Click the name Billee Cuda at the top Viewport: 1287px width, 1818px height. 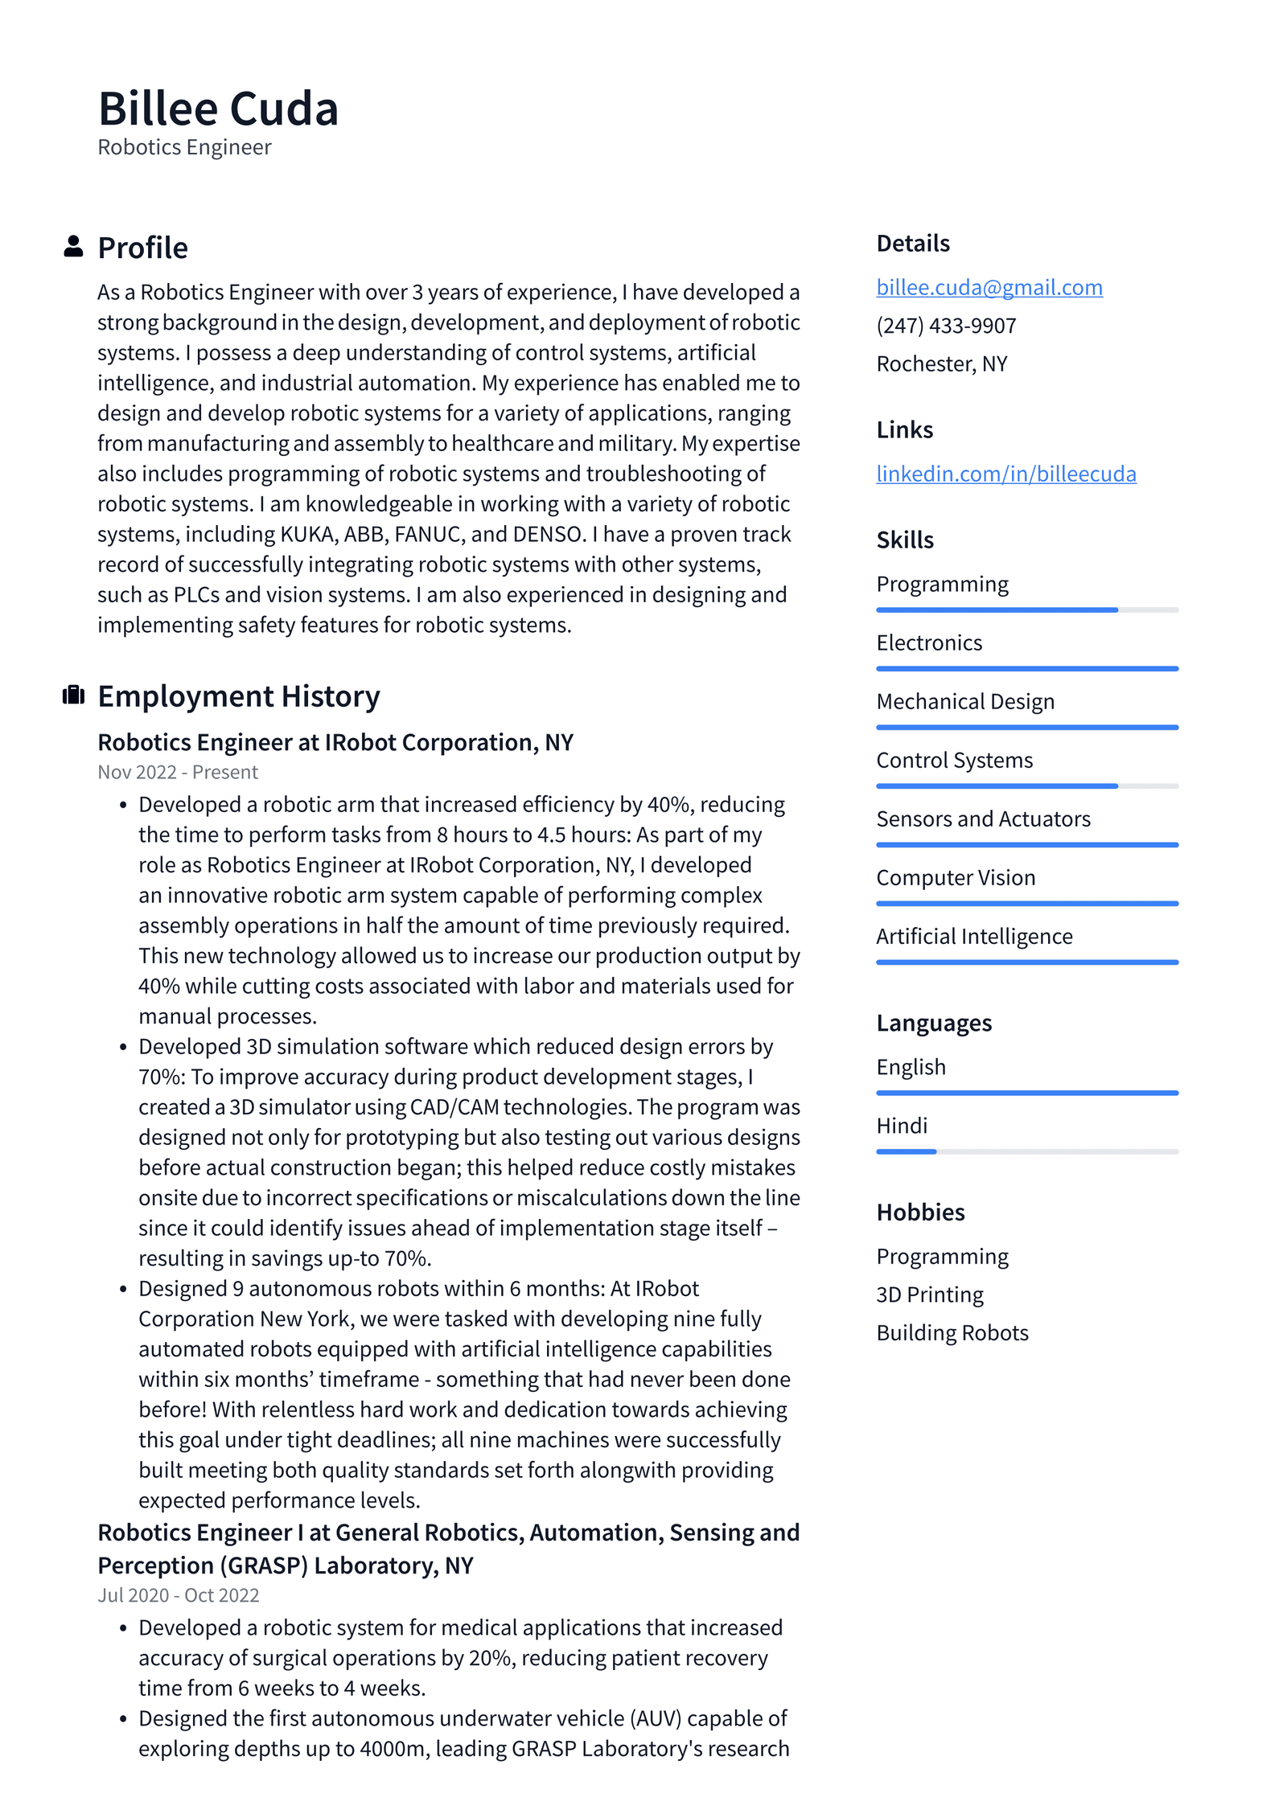click(x=218, y=109)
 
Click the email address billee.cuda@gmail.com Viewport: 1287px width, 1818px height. click(x=989, y=287)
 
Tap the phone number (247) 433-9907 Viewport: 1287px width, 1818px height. click(x=946, y=326)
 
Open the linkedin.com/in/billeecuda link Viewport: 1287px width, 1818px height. click(x=1005, y=474)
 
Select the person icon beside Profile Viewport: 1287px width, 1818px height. click(x=73, y=246)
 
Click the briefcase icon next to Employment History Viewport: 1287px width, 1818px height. click(x=73, y=695)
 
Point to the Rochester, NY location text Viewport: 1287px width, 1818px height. click(x=941, y=364)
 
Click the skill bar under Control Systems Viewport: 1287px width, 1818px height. click(x=1026, y=786)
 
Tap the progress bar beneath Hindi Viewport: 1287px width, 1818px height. click(x=1026, y=1151)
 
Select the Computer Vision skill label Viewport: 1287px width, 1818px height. click(x=956, y=877)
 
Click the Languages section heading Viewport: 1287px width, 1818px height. click(x=933, y=1023)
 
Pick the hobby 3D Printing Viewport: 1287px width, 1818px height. click(x=929, y=1295)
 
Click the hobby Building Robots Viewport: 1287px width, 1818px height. click(x=952, y=1332)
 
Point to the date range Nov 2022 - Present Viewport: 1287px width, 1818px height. click(x=178, y=772)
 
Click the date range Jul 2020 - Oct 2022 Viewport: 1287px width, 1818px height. click(x=179, y=1595)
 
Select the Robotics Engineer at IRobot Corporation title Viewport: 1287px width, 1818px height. click(x=335, y=742)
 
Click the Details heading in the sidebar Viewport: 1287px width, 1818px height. click(x=912, y=243)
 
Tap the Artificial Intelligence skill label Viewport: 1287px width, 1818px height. click(x=973, y=936)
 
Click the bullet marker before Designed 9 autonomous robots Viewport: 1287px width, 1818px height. click(x=123, y=1290)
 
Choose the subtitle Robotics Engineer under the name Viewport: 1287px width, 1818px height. click(x=184, y=147)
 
